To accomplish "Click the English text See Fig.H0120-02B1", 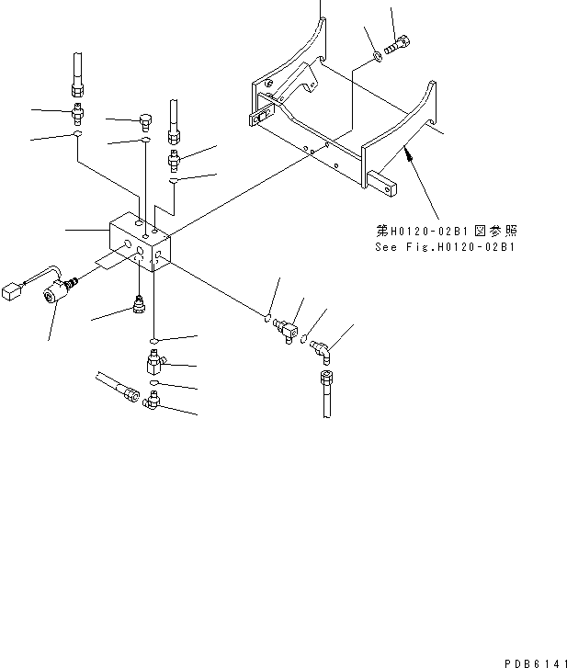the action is coord(445,247).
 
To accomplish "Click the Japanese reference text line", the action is coord(447,231).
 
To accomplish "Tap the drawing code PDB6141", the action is coord(535,663).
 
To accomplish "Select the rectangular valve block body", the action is coord(141,241).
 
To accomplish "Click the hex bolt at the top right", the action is coord(397,46).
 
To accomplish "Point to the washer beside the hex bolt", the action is coord(378,56).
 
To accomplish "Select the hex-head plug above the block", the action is coord(146,122).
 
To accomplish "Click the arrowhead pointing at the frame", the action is coord(409,155).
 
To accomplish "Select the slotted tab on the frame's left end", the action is coord(261,116).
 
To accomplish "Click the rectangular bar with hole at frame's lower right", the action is coord(381,184).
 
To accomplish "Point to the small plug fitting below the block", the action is coord(140,304).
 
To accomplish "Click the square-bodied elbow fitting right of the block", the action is coord(287,330).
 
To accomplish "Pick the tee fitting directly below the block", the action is coord(154,362).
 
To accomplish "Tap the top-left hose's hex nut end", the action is coord(77,89).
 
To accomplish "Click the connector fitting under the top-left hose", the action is coord(77,114).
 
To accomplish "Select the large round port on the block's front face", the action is coord(127,244).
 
